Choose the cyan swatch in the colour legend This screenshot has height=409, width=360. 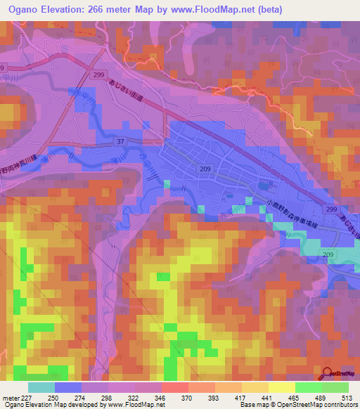click(x=41, y=388)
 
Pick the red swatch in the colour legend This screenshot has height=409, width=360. click(x=175, y=388)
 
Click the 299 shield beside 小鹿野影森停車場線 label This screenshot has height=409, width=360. click(x=330, y=209)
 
